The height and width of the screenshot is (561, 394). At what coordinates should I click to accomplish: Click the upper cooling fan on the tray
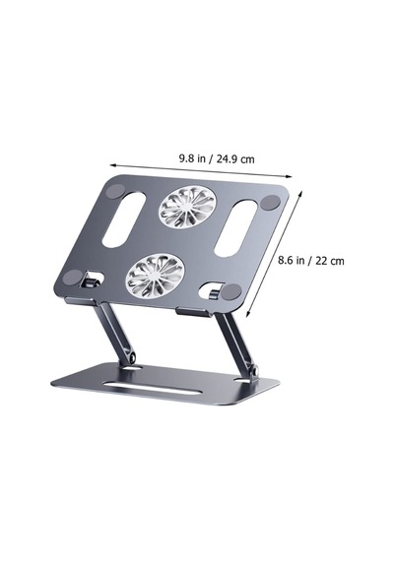point(187,208)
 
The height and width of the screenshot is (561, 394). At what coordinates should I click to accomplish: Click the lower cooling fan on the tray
point(155,276)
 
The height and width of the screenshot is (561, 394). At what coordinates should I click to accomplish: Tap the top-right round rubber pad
point(270,203)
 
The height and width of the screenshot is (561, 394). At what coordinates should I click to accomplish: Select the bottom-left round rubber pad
point(74,278)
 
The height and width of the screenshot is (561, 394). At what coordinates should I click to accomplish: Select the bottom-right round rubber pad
point(231,291)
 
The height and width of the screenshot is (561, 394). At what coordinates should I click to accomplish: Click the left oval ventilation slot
point(124,219)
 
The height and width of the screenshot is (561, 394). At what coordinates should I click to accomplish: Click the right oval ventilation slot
point(235,228)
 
